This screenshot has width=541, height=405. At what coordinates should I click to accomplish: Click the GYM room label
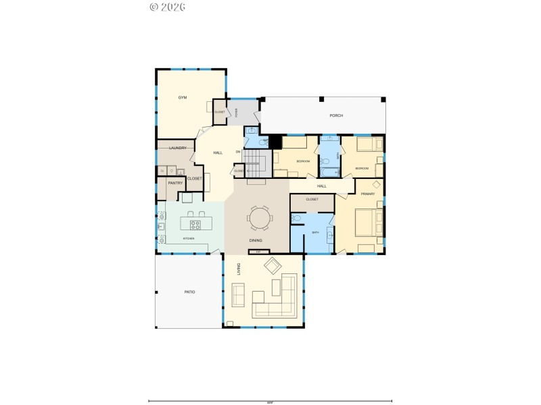click(x=183, y=98)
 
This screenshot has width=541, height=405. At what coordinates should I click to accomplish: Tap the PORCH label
click(x=336, y=116)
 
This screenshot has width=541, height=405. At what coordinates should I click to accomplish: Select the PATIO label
click(x=189, y=292)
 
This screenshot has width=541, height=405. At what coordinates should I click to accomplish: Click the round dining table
click(x=260, y=218)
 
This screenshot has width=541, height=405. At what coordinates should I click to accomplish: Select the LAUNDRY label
click(x=178, y=148)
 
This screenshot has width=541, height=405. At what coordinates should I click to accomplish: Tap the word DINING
click(x=256, y=240)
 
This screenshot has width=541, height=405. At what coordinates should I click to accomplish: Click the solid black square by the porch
click(x=275, y=142)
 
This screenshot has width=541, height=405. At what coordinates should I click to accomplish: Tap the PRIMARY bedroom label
click(x=368, y=194)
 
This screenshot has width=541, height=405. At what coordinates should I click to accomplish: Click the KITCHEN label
click(x=189, y=239)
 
